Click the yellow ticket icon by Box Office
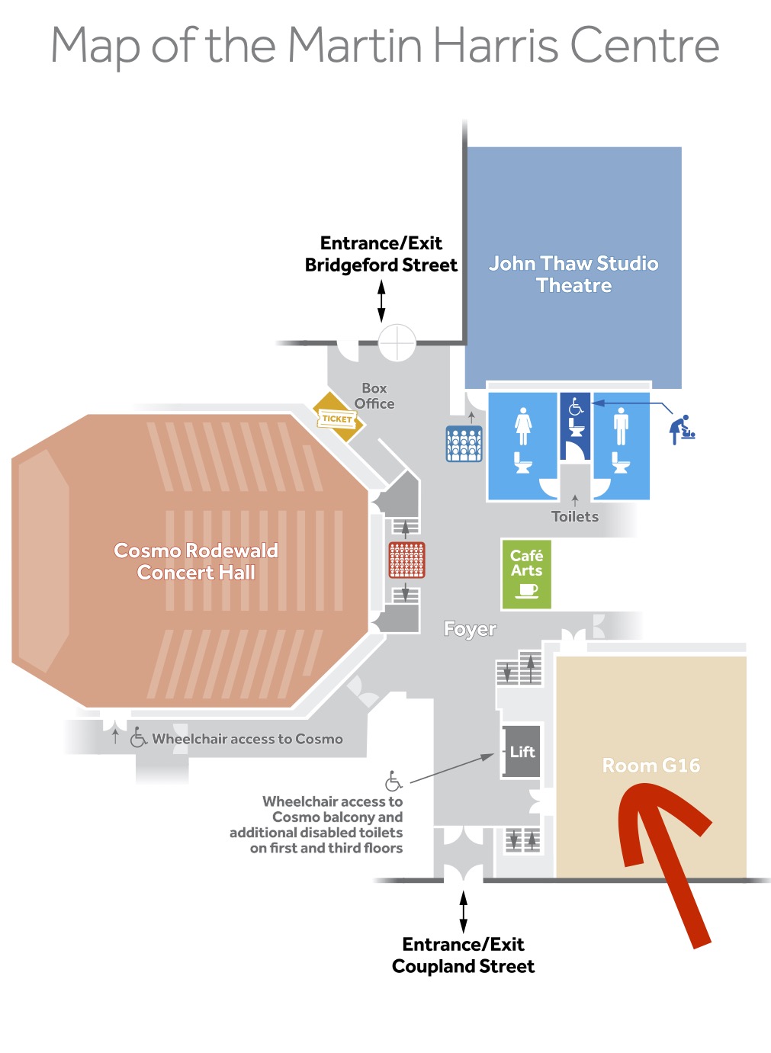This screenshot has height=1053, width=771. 339,417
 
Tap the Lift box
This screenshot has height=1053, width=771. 522,751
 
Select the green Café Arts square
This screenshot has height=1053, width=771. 526,574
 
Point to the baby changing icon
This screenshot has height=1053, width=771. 682,429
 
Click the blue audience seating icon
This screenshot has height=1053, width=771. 464,443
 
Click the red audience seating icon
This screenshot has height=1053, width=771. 406,560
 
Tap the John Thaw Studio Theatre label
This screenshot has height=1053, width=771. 573,274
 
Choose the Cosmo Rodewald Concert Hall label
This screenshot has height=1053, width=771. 196,561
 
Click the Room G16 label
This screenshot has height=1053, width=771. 651,766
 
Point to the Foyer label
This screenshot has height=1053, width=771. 470,629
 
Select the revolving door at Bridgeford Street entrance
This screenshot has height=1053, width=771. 397,342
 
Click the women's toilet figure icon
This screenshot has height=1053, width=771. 523,426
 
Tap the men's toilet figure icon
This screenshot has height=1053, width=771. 621,426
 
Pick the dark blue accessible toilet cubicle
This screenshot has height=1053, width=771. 575,426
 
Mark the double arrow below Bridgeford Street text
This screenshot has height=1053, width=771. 381,301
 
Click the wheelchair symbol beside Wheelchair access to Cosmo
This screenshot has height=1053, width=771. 138,737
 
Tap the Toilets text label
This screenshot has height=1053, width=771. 575,517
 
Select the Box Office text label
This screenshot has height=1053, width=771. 374,396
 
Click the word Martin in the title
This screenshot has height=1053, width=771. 355,45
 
